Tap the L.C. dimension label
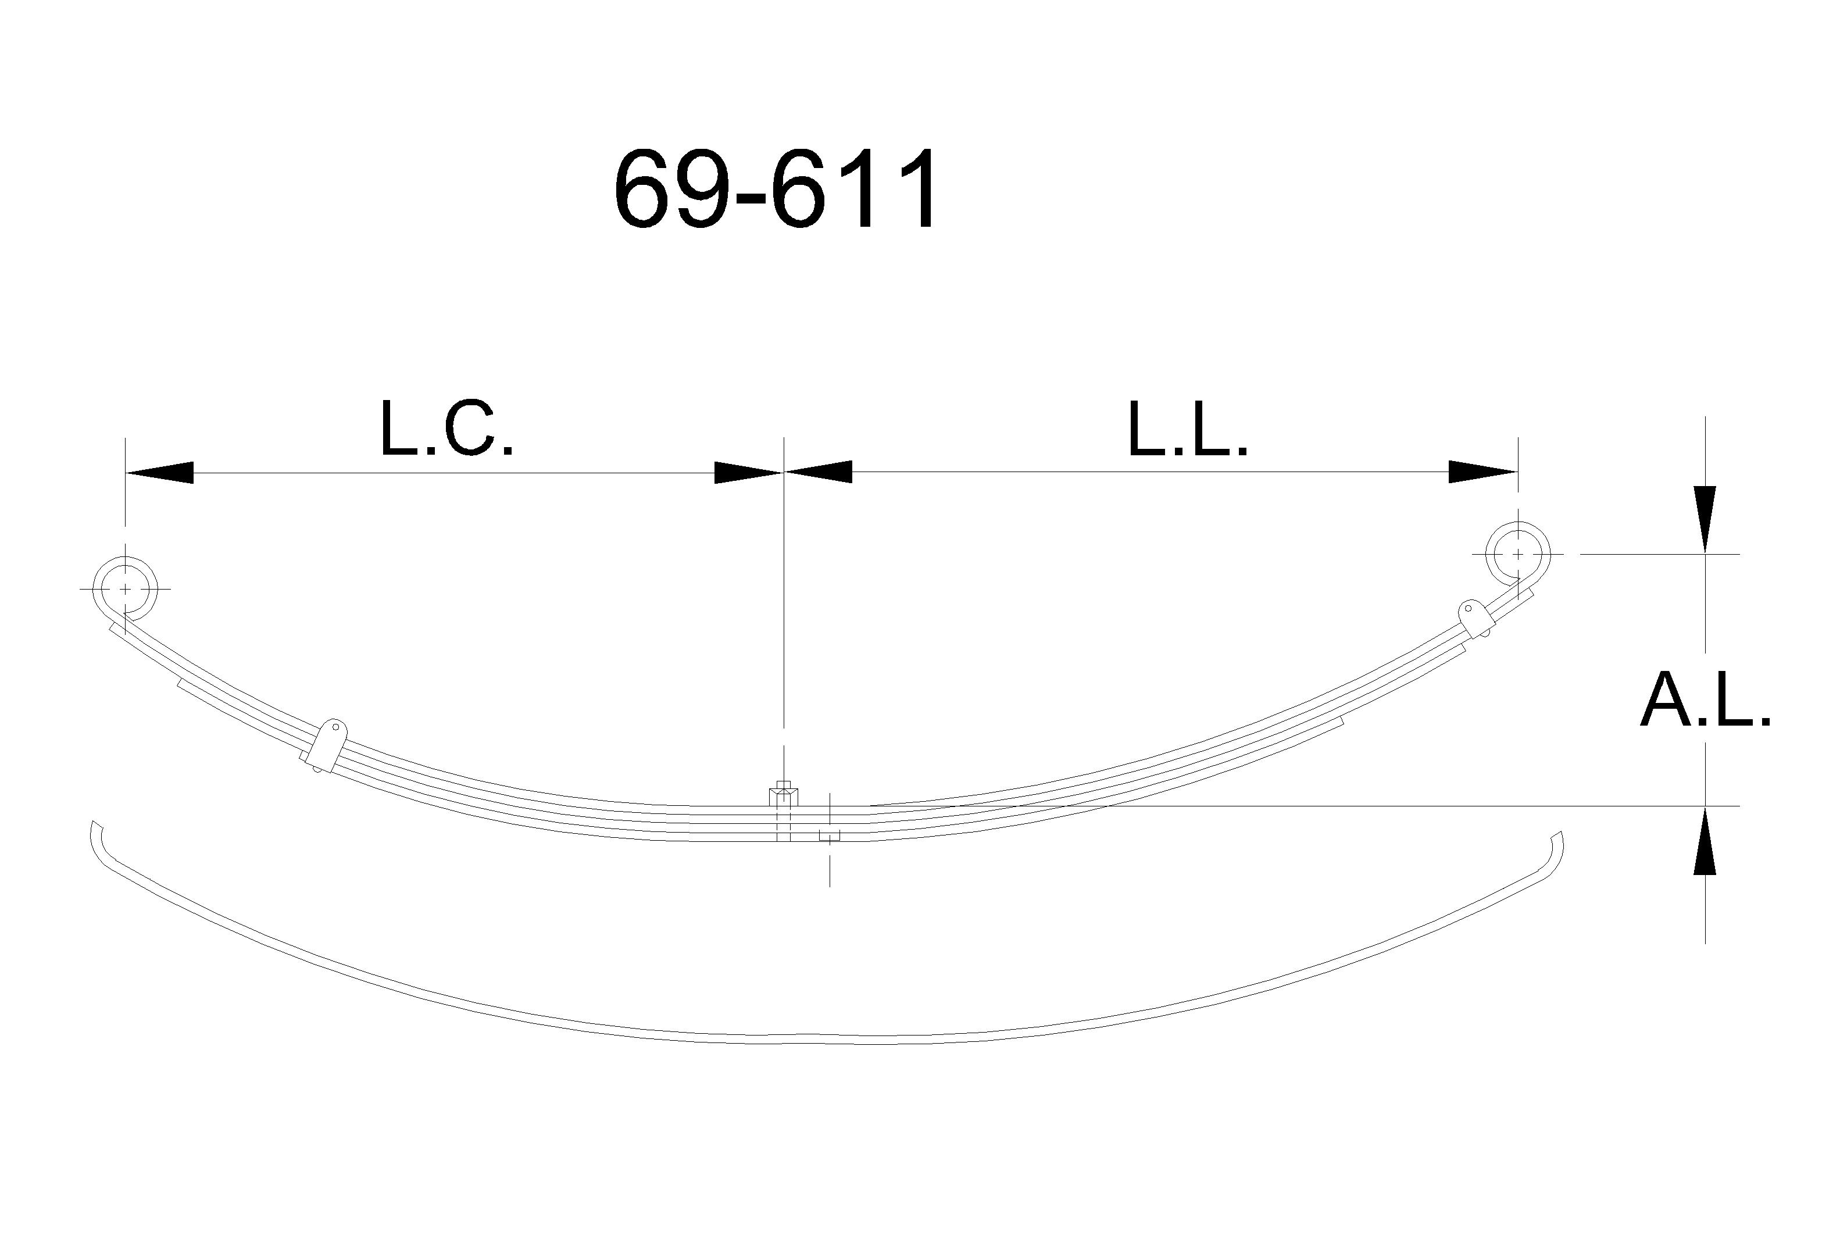pos(446,430)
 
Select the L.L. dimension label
pos(1187,430)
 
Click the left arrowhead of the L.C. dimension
pos(159,473)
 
